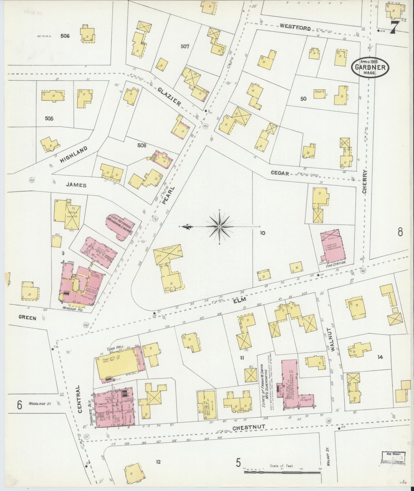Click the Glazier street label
click(169, 97)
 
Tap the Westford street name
click(295, 28)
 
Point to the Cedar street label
click(280, 174)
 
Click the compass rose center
click(219, 227)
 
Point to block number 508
click(142, 145)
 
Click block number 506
click(65, 36)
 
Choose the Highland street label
click(73, 155)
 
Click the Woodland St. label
click(40, 404)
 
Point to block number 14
click(380, 357)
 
